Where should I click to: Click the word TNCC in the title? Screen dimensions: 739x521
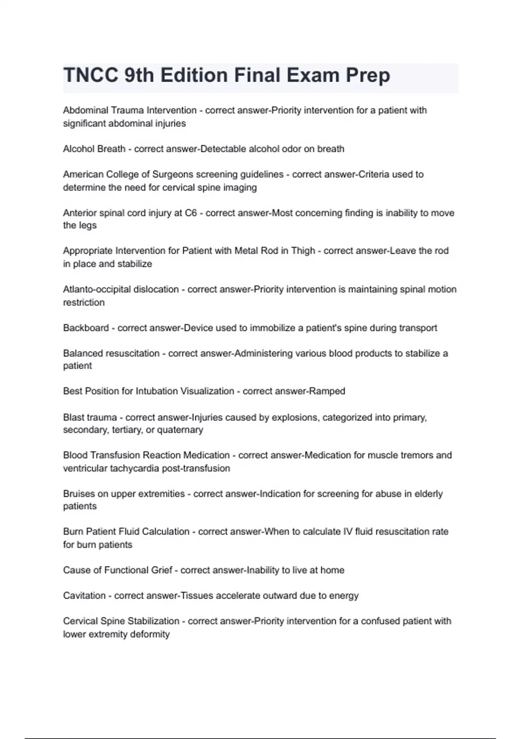tap(91, 75)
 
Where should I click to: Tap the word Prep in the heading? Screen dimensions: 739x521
tap(368, 75)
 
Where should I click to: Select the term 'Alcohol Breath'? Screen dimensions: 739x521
tap(94, 149)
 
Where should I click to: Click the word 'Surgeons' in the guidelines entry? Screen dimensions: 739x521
tap(172, 174)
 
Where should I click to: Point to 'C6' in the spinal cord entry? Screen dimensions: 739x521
tap(191, 213)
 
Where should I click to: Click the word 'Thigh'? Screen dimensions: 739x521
tap(303, 251)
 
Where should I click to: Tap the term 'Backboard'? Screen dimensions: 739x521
tap(86, 328)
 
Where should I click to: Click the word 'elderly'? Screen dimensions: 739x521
tap(429, 494)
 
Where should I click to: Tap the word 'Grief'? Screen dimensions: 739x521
tap(162, 570)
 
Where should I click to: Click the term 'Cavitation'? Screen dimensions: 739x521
tap(84, 596)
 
